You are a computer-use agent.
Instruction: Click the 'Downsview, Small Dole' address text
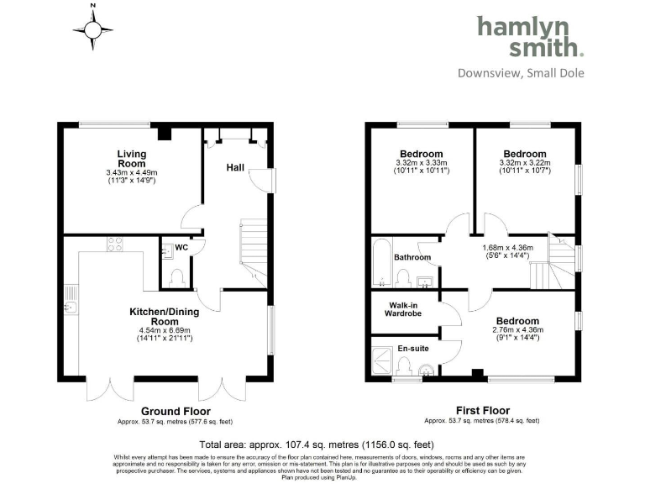(521, 73)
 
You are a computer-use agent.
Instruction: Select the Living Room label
(131, 159)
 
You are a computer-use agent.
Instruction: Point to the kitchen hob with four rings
(115, 245)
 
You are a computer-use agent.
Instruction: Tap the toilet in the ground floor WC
(176, 276)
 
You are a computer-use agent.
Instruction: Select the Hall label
(235, 168)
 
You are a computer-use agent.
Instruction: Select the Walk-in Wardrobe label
(404, 309)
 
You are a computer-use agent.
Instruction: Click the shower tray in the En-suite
(382, 360)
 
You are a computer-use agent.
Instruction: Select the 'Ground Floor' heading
(176, 412)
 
